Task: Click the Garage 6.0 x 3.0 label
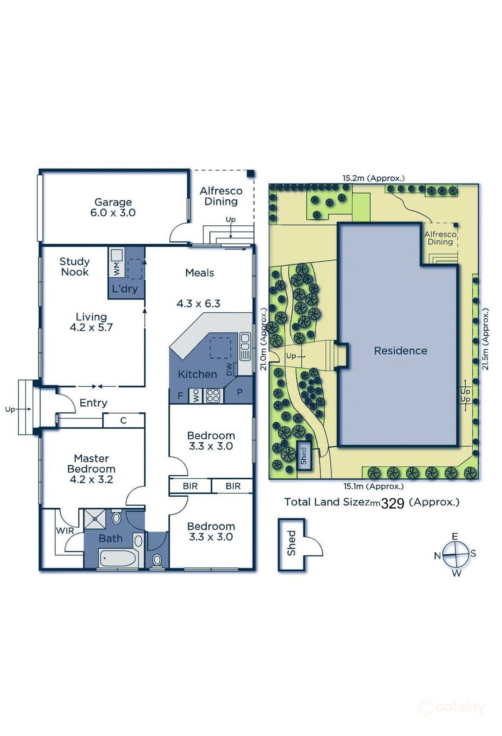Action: (113, 207)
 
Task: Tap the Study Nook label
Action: (74, 266)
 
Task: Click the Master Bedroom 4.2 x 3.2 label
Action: (91, 469)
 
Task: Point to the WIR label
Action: (65, 530)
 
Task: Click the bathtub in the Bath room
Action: (117, 558)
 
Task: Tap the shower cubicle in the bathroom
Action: (95, 519)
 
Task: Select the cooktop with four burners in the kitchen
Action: (213, 396)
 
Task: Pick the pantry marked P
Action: (239, 392)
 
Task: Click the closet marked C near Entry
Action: (123, 420)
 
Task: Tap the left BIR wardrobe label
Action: (190, 486)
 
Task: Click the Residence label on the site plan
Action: (400, 351)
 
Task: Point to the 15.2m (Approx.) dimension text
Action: (373, 178)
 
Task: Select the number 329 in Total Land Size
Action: (392, 503)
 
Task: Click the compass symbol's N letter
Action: (437, 556)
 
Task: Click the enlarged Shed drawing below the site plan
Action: (292, 544)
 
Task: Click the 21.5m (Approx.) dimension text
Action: (485, 339)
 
